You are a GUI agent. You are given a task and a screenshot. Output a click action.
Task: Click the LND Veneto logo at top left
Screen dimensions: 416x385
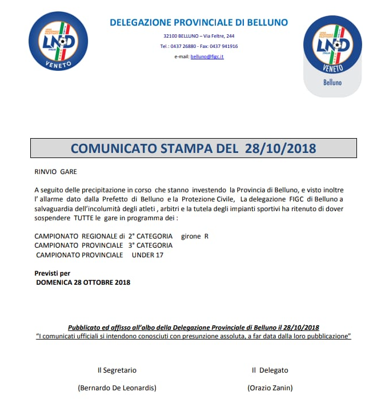coord(57,41)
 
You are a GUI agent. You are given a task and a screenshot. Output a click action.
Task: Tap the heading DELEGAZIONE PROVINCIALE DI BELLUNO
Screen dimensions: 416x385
coord(199,23)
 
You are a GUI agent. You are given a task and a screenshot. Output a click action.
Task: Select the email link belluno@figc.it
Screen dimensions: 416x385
coord(207,56)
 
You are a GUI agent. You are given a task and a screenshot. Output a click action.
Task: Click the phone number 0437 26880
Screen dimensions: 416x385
coord(183,46)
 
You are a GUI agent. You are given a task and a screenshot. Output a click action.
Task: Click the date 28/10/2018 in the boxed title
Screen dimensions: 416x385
coord(280,148)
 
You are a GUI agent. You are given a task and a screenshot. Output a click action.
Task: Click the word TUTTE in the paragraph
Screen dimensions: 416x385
coord(83,218)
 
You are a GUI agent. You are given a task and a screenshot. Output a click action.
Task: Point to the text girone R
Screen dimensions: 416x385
coord(195,236)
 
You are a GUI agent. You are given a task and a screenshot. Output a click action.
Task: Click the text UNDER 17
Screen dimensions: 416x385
coord(147,255)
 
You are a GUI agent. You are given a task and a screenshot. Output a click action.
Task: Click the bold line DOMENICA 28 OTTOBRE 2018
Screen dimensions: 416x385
coord(83,282)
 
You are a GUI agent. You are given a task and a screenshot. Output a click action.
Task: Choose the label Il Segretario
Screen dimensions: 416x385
coord(117,370)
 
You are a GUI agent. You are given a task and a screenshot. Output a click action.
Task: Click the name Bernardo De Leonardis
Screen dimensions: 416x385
coord(117,388)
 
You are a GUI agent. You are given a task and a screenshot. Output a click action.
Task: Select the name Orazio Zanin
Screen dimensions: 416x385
coord(270,388)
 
